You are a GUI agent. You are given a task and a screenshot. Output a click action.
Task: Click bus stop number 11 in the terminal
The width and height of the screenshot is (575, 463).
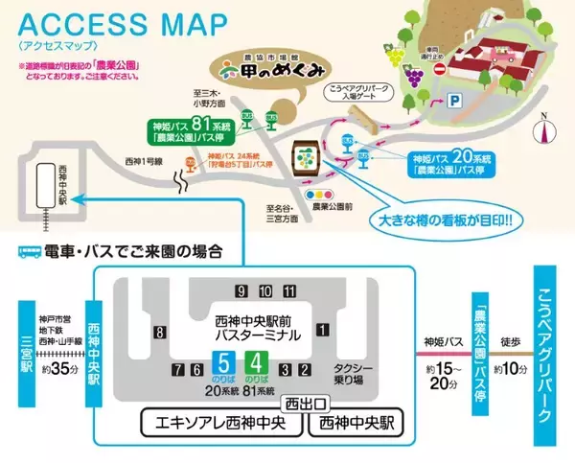click(x=288, y=291)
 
